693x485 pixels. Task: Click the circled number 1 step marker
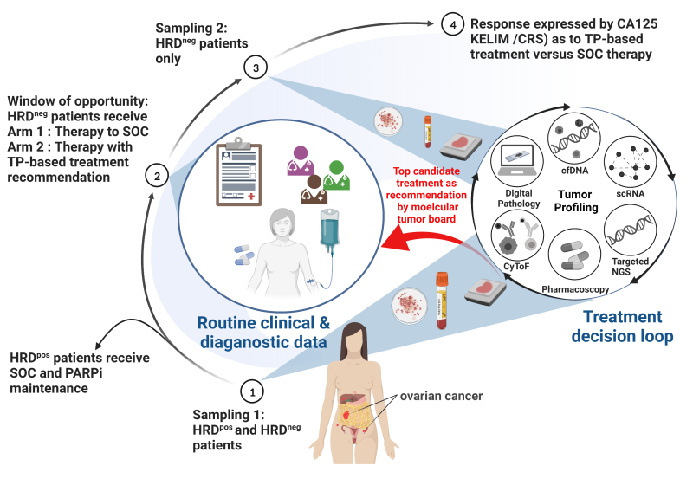252,392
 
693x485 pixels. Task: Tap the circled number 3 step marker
252,67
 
